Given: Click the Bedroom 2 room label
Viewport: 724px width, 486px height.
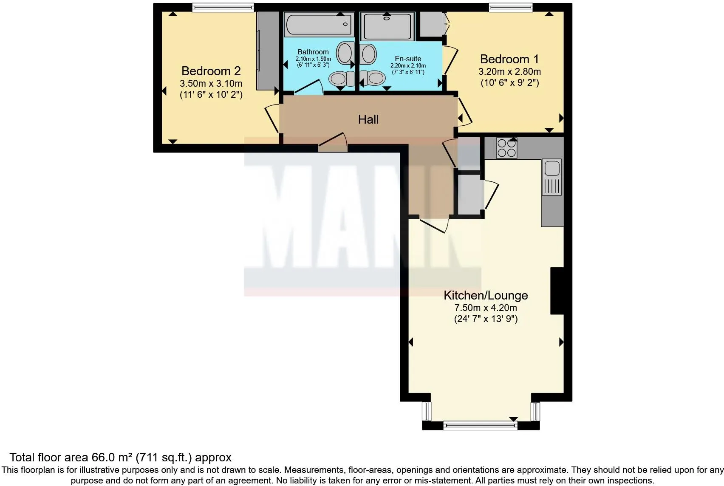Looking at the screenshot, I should click(x=211, y=71).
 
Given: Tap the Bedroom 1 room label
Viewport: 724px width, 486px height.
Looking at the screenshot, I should click(x=509, y=59).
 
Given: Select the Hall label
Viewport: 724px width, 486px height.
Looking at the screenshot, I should click(x=368, y=119).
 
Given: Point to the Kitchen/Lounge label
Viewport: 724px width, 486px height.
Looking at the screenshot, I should click(x=486, y=295).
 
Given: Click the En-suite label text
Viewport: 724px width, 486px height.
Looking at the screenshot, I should click(x=408, y=59).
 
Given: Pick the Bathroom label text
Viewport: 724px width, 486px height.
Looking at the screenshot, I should click(x=313, y=52).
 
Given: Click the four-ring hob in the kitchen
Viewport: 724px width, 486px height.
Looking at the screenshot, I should click(x=506, y=148).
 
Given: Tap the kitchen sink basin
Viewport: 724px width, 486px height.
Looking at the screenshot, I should click(x=552, y=168).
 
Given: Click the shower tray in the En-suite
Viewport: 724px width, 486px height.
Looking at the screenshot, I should click(x=387, y=26).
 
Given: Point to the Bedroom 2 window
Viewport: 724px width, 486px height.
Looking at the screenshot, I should click(x=223, y=7).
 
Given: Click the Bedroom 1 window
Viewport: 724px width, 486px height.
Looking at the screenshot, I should click(x=510, y=7).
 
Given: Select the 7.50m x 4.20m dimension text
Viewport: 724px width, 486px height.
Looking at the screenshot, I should click(x=486, y=308).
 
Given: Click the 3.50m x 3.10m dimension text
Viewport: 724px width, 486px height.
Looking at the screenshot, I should click(x=211, y=83).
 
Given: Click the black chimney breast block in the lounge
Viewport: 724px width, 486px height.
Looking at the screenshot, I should click(x=557, y=291).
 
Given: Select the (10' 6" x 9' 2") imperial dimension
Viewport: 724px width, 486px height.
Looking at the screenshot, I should click(x=509, y=83).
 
